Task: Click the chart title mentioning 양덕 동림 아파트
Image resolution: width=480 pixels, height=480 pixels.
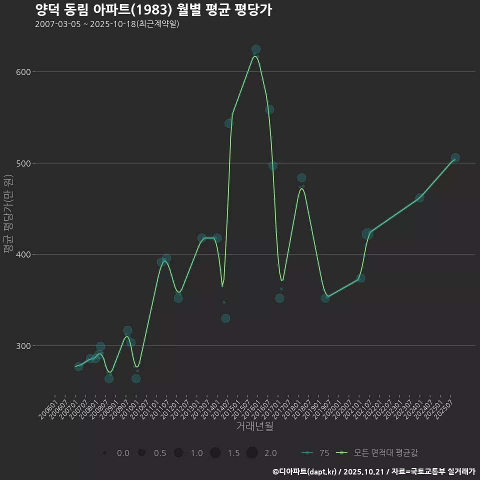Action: pyautogui.click(x=153, y=10)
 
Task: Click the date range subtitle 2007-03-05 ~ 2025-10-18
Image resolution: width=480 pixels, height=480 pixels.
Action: pyautogui.click(x=107, y=24)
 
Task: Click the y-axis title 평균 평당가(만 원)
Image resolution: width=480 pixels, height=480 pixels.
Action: pyautogui.click(x=8, y=214)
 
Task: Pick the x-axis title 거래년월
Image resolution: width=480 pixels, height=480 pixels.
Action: pyautogui.click(x=254, y=426)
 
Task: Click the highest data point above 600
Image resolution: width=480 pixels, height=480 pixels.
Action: pyautogui.click(x=256, y=49)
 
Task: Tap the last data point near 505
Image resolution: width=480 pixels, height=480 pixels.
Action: pyautogui.click(x=455, y=158)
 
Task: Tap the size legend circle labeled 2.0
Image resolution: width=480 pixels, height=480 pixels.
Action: pyautogui.click(x=252, y=453)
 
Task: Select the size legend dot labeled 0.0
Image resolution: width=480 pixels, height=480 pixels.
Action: pyautogui.click(x=104, y=453)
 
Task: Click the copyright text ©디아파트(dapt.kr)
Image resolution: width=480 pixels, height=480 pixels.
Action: pyautogui.click(x=304, y=471)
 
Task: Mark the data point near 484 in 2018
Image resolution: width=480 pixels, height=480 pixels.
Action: pyautogui.click(x=301, y=178)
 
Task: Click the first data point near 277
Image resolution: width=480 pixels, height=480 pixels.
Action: pyautogui.click(x=78, y=366)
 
